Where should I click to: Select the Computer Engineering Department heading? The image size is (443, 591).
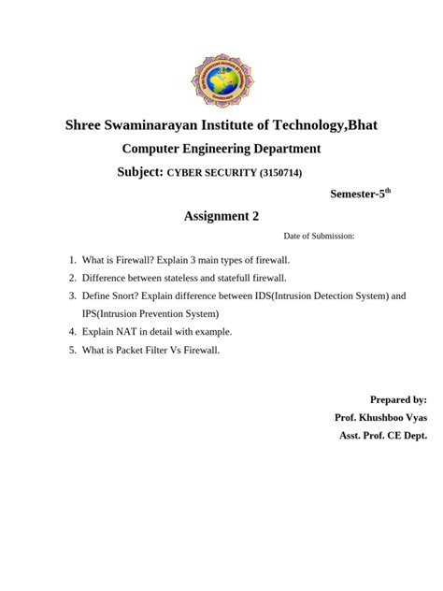click(x=221, y=149)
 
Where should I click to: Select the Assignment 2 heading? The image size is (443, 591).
click(x=221, y=217)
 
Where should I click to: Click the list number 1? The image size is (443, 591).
click(x=72, y=259)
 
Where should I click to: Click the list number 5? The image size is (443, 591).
click(x=72, y=350)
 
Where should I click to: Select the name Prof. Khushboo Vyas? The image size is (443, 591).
click(x=380, y=417)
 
